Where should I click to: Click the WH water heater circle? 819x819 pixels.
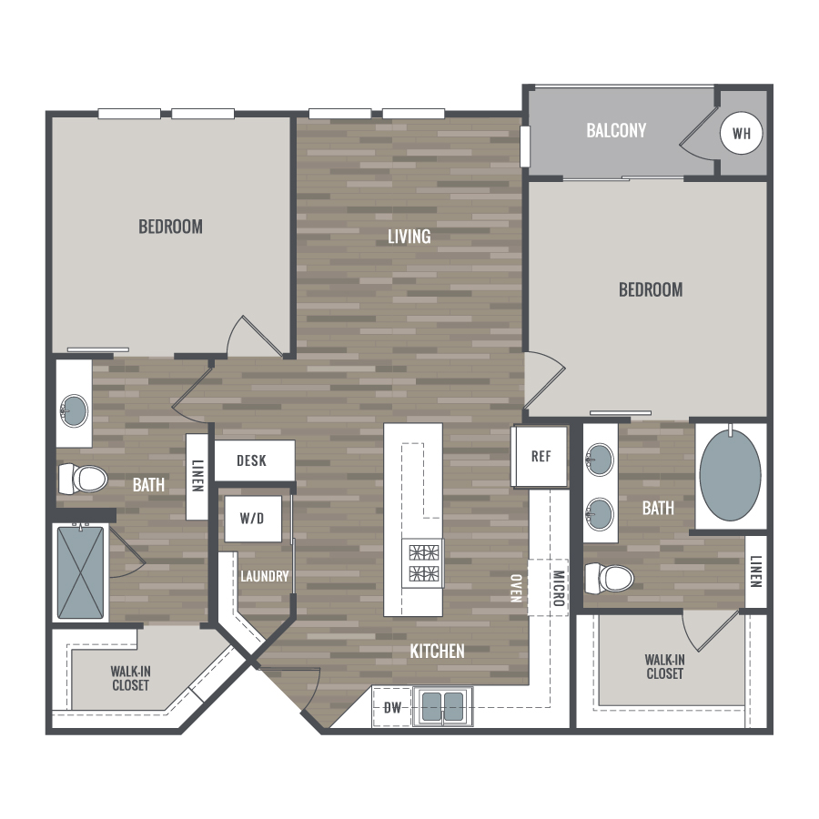[741, 133]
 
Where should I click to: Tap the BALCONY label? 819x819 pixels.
[616, 130]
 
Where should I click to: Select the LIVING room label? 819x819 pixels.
[409, 237]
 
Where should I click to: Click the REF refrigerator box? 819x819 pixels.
[541, 457]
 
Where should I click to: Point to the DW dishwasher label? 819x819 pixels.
[392, 708]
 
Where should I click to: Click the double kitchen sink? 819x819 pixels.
[443, 707]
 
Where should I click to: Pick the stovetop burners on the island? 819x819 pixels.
[423, 563]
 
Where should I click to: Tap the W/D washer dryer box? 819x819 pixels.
[253, 519]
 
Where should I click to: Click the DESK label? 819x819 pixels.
[251, 460]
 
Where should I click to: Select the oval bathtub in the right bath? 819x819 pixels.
[730, 475]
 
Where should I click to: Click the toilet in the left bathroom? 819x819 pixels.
[83, 479]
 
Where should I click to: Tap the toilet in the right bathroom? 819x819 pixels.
[609, 578]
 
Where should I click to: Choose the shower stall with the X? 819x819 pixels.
[80, 572]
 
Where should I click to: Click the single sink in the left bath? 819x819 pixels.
[74, 410]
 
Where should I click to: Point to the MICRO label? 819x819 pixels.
[559, 588]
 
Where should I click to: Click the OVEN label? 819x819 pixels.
[516, 588]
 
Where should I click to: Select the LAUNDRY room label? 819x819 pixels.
[264, 576]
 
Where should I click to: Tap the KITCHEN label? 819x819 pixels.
[437, 652]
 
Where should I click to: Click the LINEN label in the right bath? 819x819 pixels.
[756, 571]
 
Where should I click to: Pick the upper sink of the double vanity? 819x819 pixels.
[600, 460]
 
